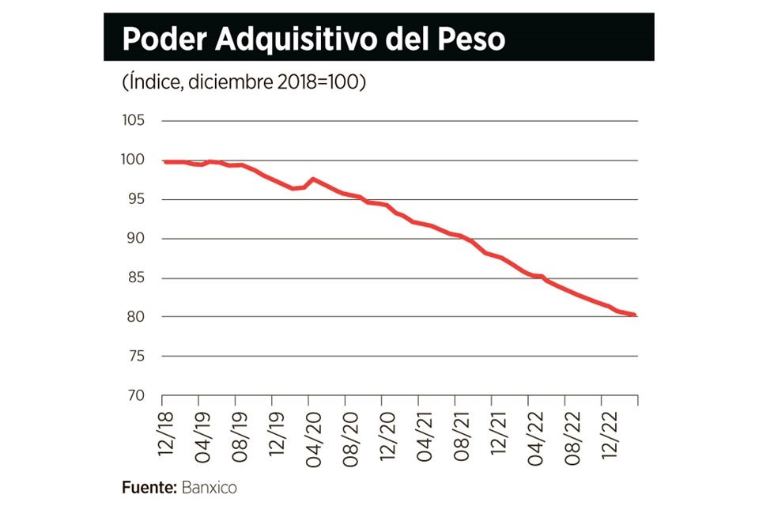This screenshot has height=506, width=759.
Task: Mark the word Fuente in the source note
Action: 148,487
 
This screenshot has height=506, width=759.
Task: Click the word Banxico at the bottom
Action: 209,487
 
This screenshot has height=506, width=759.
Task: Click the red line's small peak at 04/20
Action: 312,179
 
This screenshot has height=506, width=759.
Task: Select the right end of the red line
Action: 636,315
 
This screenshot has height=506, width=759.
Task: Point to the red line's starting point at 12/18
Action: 164,162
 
